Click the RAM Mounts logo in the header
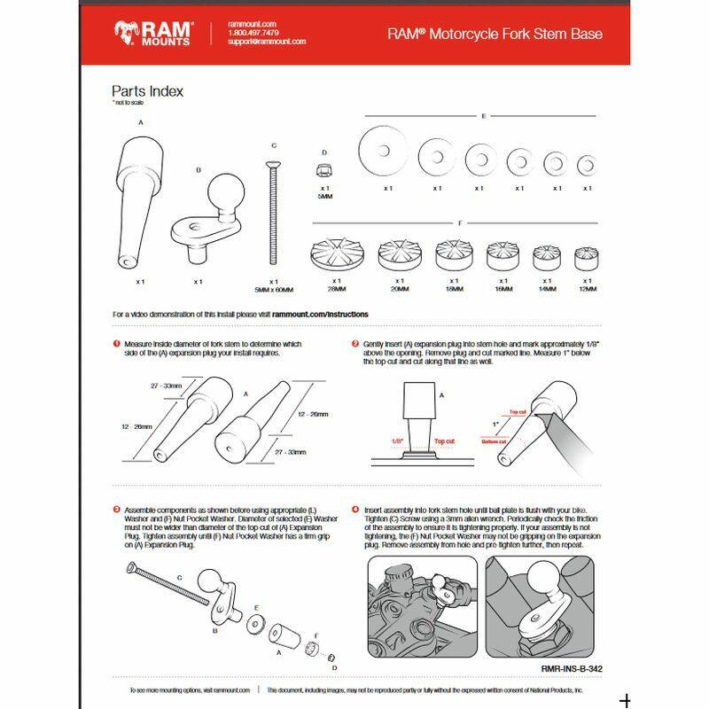click(x=152, y=34)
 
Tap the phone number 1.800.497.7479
click(x=253, y=33)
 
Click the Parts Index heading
click(x=147, y=90)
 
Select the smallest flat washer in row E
click(x=587, y=165)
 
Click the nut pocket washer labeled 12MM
click(x=587, y=259)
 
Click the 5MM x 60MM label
click(x=274, y=290)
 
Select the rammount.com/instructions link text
click(x=321, y=314)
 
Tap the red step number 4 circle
click(x=355, y=510)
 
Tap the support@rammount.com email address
click(x=266, y=42)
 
